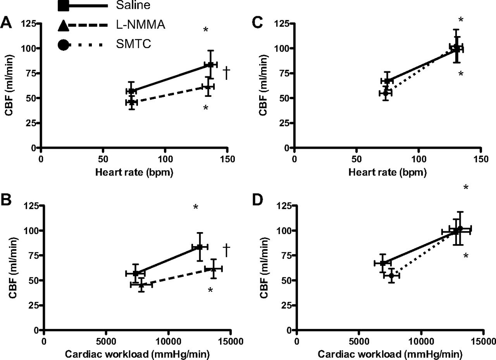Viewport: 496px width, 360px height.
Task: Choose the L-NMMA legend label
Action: [x=141, y=25]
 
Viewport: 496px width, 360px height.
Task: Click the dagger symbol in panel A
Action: [x=227, y=72]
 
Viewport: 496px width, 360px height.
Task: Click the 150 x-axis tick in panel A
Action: [x=227, y=158]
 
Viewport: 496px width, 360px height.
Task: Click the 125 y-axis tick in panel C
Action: [x=284, y=24]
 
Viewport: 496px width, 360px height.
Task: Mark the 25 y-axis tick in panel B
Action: [x=34, y=305]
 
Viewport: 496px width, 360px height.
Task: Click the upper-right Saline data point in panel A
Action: [x=210, y=64]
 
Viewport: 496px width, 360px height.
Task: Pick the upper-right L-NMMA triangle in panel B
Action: [x=213, y=269]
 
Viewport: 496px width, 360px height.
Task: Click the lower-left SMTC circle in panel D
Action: [x=391, y=276]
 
